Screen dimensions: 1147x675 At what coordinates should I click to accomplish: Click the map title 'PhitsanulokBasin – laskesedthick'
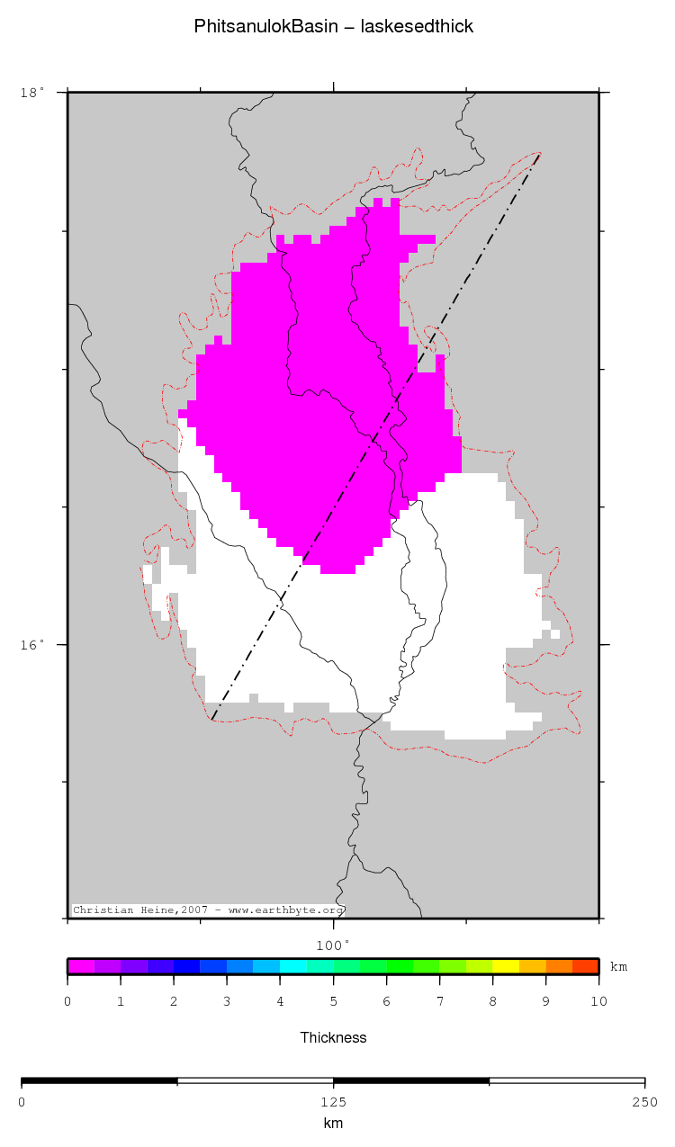point(333,27)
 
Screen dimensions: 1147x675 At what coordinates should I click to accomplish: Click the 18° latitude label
point(31,92)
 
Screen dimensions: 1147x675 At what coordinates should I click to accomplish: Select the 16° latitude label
point(31,645)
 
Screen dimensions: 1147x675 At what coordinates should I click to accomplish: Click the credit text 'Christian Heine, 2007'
point(126,910)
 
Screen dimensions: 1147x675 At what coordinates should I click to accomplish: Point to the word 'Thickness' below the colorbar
point(333,1037)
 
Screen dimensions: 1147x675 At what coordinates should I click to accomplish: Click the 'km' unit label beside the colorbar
point(619,967)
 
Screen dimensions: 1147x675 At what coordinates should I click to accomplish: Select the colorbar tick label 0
point(67,1001)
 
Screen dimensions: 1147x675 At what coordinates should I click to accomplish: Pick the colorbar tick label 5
point(333,1001)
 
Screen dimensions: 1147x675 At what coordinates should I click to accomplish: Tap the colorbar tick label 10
point(598,1001)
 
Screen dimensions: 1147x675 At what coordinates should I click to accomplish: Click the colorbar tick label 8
point(492,1001)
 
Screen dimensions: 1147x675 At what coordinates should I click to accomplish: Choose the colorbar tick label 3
point(227,1001)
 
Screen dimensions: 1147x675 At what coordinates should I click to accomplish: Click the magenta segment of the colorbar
point(81,967)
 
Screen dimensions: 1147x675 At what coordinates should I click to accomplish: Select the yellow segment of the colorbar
point(506,967)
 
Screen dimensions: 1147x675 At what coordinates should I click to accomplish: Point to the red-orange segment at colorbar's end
point(586,967)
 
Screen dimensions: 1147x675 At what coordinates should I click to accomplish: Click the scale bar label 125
point(333,1102)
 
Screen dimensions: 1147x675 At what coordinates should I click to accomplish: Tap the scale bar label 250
point(644,1102)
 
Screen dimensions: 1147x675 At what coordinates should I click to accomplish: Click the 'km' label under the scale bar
point(333,1124)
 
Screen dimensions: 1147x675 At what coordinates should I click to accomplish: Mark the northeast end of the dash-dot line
point(540,154)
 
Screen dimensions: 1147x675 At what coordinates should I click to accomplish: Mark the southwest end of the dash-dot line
point(212,720)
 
